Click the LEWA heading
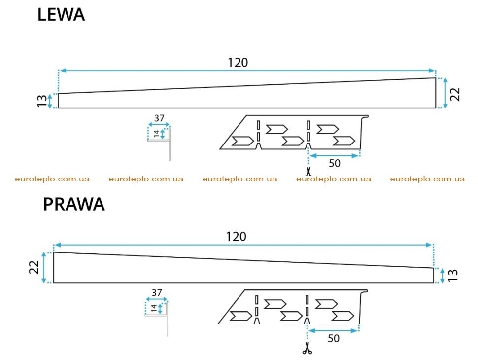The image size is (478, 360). pyautogui.click(x=61, y=15)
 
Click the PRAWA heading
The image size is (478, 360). pyautogui.click(x=74, y=204)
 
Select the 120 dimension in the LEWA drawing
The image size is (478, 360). pyautogui.click(x=238, y=63)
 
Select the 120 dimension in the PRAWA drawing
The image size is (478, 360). pyautogui.click(x=236, y=237)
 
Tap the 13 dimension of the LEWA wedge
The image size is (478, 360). pyautogui.click(x=42, y=101)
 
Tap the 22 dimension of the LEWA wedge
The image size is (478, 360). pyautogui.click(x=454, y=94)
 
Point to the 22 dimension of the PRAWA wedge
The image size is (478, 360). pyautogui.click(x=34, y=267)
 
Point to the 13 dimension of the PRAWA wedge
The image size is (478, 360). pyautogui.click(x=453, y=275)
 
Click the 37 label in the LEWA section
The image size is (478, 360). pyautogui.click(x=159, y=118)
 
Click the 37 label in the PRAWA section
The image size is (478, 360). pyautogui.click(x=157, y=293)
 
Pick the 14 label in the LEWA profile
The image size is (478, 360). pyautogui.click(x=156, y=133)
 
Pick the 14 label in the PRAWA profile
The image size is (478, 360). pyautogui.click(x=154, y=308)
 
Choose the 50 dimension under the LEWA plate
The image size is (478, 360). pyautogui.click(x=335, y=164)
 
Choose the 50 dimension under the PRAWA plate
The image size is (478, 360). pyautogui.click(x=334, y=338)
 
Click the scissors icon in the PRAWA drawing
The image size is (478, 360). pyautogui.click(x=307, y=348)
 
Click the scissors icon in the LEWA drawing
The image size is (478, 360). pyautogui.click(x=308, y=171)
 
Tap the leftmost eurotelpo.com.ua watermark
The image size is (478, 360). pyautogui.click(x=52, y=179)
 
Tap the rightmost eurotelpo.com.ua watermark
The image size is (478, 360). pyautogui.click(x=427, y=179)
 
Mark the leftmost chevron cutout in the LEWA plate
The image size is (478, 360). pyautogui.click(x=242, y=141)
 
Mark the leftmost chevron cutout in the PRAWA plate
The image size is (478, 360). pyautogui.click(x=241, y=316)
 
